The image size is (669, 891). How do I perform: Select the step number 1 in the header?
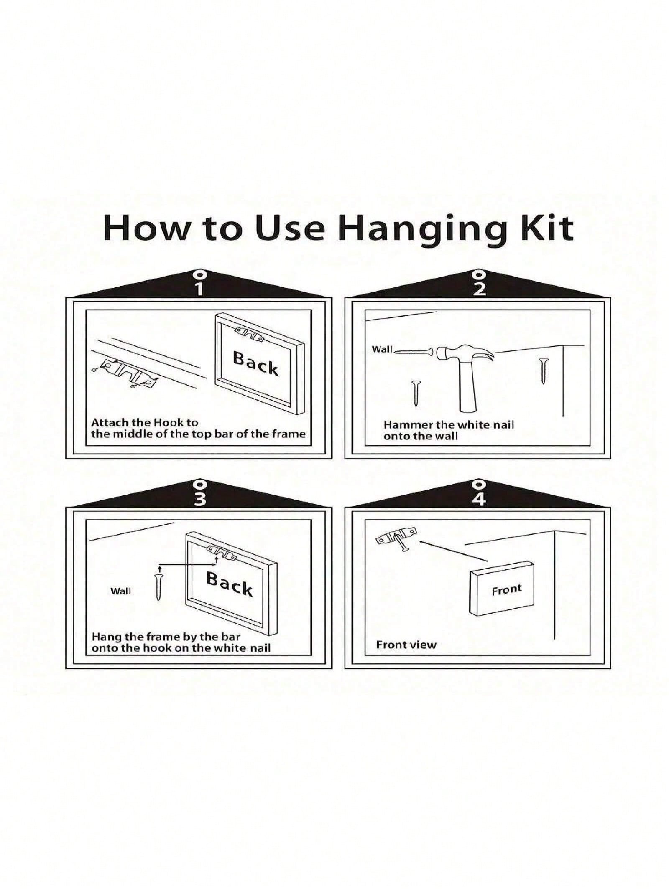point(200,289)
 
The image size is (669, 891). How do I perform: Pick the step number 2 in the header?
point(479,289)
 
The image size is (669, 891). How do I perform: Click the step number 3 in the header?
point(200,499)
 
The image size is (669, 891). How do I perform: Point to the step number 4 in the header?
point(479,499)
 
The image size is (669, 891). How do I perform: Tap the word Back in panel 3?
point(230,584)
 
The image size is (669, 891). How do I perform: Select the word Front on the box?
point(507,590)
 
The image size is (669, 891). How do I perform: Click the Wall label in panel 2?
point(382,349)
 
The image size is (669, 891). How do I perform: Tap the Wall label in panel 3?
point(121,591)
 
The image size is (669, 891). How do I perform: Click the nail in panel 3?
point(158,587)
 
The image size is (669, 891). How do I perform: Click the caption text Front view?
point(406,657)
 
